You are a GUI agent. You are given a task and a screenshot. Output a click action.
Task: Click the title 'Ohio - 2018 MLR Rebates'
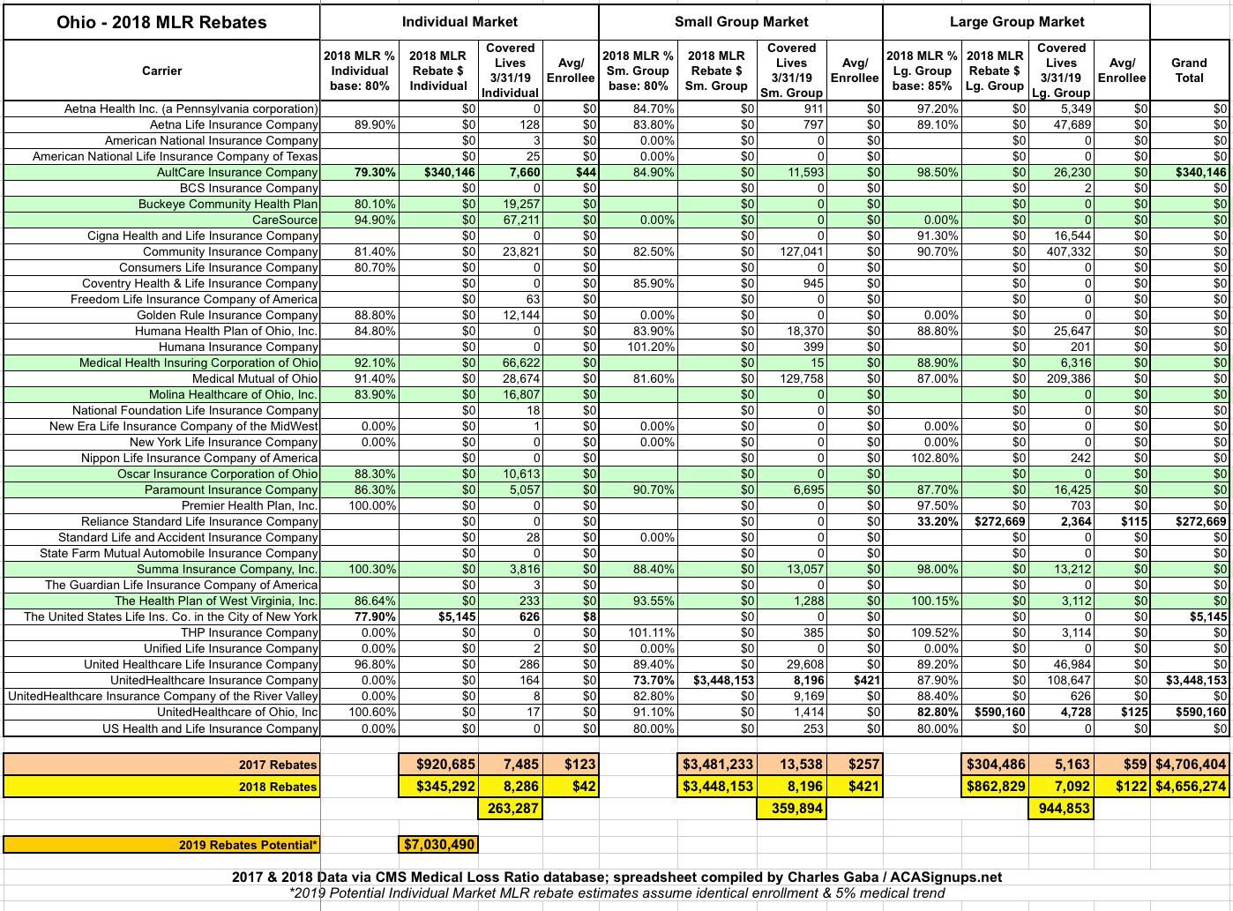(161, 22)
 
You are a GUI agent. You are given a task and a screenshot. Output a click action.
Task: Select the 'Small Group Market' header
(741, 21)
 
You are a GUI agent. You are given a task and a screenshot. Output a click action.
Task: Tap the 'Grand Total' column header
(1188, 70)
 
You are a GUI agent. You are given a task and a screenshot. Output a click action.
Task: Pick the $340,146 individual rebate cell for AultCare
(438, 172)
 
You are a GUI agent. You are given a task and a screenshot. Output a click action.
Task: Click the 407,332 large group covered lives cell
(1062, 251)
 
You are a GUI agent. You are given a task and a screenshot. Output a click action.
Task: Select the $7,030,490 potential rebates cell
(438, 844)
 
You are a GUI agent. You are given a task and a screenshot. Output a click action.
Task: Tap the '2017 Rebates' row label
(278, 765)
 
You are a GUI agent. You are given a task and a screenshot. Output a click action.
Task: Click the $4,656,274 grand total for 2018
(1191, 787)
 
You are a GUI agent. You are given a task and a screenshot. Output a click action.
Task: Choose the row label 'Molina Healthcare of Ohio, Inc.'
(233, 394)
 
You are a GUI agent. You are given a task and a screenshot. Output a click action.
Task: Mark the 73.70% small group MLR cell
(653, 680)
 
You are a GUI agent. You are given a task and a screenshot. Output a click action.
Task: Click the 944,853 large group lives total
(1064, 808)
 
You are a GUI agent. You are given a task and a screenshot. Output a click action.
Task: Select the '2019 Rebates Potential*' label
(248, 845)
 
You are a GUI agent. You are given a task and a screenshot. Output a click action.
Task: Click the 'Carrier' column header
(161, 71)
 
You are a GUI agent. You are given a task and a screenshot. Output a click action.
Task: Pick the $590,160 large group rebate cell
(997, 712)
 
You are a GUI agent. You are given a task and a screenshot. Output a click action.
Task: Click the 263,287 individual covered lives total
(512, 808)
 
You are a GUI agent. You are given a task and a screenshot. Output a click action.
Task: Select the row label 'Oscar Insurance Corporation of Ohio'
(217, 474)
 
